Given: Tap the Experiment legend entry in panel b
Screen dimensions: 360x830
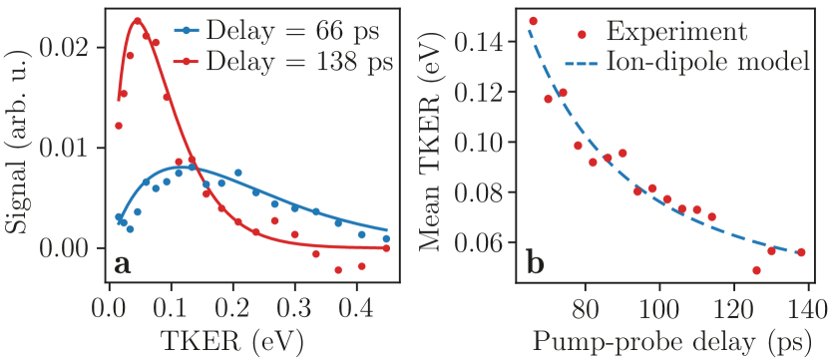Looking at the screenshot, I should (675, 32).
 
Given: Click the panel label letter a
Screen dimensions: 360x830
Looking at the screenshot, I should (122, 263).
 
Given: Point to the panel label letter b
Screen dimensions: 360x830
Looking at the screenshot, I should (535, 263).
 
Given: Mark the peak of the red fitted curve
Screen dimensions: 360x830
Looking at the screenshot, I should (138, 19).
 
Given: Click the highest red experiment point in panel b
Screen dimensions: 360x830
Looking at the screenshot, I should (533, 21).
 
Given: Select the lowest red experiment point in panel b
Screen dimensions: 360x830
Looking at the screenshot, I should (756, 270).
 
